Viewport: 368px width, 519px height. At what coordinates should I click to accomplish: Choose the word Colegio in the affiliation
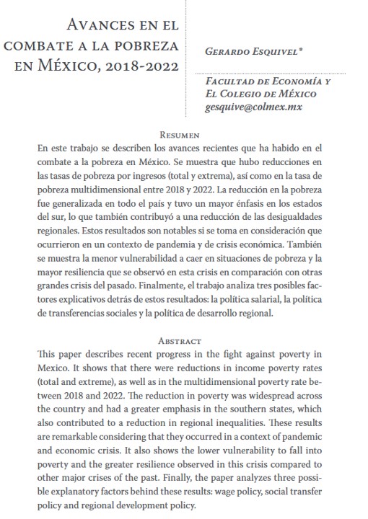[x=254, y=94]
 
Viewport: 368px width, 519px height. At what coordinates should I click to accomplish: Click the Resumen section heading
[x=184, y=134]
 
